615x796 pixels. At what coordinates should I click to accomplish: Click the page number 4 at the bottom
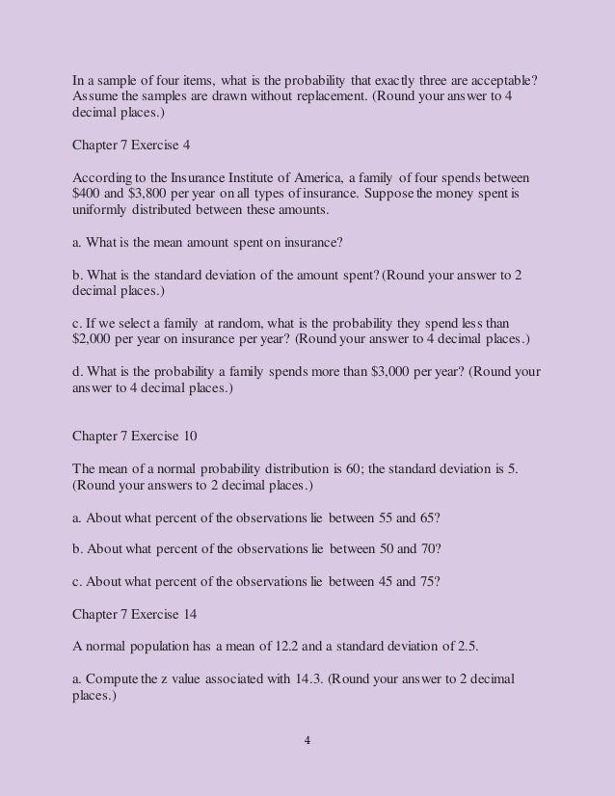[x=307, y=741]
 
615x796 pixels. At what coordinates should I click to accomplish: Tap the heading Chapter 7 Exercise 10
[x=136, y=436]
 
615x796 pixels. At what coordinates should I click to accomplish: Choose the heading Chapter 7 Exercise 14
[x=136, y=609]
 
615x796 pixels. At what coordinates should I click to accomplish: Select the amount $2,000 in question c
[x=95, y=338]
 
